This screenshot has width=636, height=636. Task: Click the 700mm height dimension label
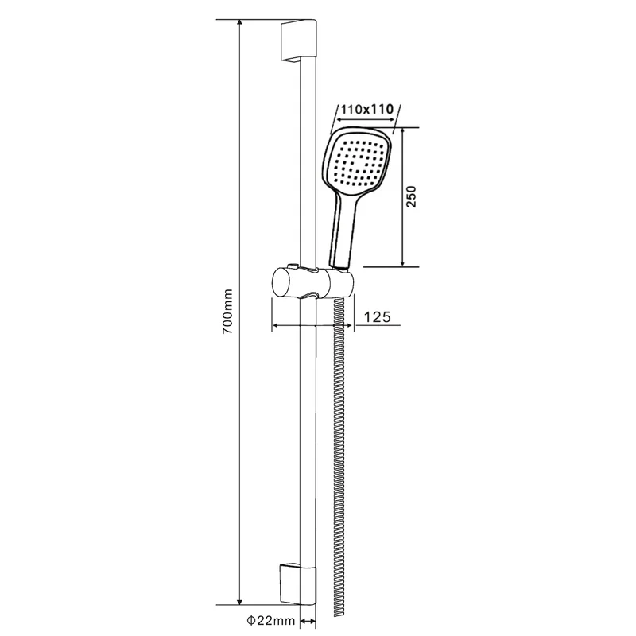pyautogui.click(x=228, y=311)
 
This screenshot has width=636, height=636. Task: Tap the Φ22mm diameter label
pyautogui.click(x=270, y=621)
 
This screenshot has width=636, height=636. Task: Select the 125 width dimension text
pyautogui.click(x=377, y=316)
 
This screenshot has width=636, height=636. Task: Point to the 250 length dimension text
pyautogui.click(x=411, y=196)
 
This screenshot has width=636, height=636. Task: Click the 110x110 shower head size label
pyautogui.click(x=367, y=109)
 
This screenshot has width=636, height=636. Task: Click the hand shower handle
pyautogui.click(x=344, y=229)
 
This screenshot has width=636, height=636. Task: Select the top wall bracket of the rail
pyautogui.click(x=298, y=41)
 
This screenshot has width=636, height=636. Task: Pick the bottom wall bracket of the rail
pyautogui.click(x=297, y=584)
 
